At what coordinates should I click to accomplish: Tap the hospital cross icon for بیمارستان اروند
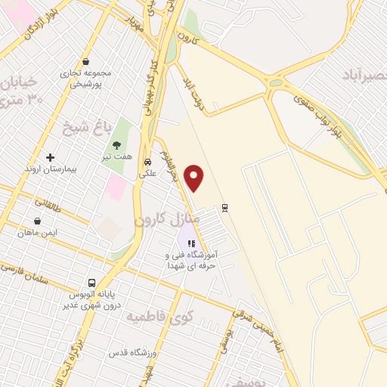click(51, 158)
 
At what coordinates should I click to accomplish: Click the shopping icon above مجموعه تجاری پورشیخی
click(86, 63)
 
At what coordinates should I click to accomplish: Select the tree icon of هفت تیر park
click(116, 145)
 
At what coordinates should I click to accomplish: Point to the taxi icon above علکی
click(147, 162)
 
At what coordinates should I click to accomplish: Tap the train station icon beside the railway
click(224, 207)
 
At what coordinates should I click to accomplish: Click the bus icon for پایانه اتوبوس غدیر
click(90, 281)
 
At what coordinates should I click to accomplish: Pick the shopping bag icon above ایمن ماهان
click(37, 221)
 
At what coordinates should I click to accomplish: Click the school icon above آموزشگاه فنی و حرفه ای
click(191, 244)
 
